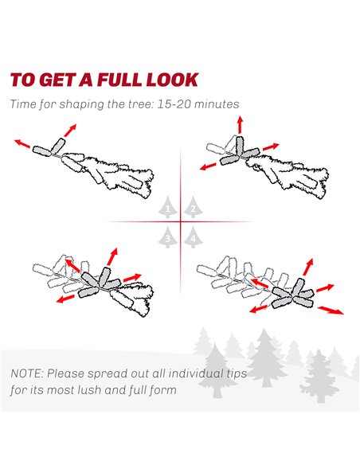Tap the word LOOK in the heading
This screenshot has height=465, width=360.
click(172, 80)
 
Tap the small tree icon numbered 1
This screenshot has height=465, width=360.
click(167, 207)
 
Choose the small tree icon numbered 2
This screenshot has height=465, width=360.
click(193, 207)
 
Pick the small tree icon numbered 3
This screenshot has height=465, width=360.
click(167, 236)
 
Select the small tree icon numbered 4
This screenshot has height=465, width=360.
click(193, 236)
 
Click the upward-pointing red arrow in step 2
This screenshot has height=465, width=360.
click(240, 125)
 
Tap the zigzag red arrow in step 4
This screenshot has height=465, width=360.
click(331, 311)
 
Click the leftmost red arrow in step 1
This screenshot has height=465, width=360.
click(22, 143)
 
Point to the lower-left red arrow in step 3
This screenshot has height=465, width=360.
click(65, 299)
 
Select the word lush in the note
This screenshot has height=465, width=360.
click(90, 389)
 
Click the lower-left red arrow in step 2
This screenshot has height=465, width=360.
click(208, 166)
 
